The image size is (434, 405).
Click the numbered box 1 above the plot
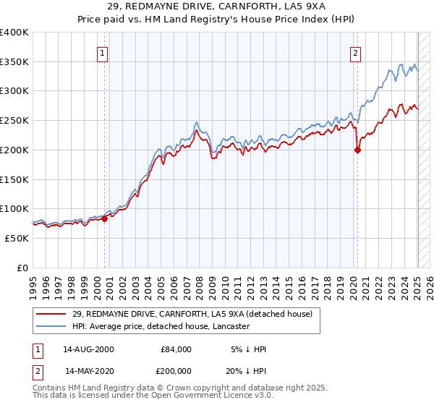(x=103, y=53)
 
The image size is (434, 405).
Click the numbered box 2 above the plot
(x=356, y=53)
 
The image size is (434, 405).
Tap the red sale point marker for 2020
(x=357, y=150)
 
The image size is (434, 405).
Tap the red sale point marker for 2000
(x=104, y=218)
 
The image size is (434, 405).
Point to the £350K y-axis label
(x=14, y=62)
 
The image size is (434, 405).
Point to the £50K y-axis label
(x=17, y=238)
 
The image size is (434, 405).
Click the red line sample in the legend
(x=51, y=314)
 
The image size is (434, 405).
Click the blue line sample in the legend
(x=51, y=326)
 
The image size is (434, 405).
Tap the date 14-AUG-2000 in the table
(x=89, y=349)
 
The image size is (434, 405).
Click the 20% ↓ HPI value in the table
(x=247, y=370)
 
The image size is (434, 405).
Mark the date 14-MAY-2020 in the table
(x=89, y=370)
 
